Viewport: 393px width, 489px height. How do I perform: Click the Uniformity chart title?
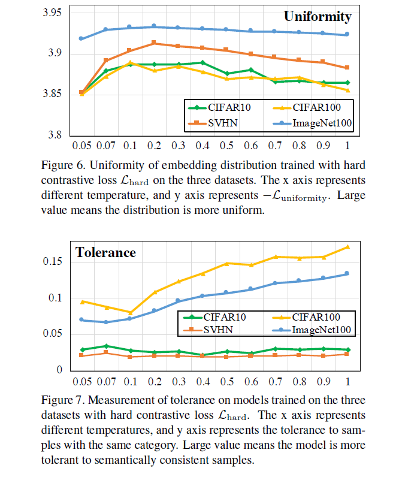pyautogui.click(x=317, y=17)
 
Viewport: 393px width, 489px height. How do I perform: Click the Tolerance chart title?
pyautogui.click(x=105, y=252)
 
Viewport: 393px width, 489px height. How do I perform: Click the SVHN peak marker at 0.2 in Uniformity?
pyautogui.click(x=154, y=43)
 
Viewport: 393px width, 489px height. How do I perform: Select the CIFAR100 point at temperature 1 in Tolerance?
pyautogui.click(x=347, y=247)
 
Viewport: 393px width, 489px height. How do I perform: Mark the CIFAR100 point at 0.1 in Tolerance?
pyautogui.click(x=129, y=312)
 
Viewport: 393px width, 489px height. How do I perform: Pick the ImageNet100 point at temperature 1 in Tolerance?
pyautogui.click(x=347, y=274)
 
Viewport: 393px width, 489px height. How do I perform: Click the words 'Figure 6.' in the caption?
pyautogui.click(x=61, y=165)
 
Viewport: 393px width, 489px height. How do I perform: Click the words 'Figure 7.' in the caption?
pyautogui.click(x=61, y=400)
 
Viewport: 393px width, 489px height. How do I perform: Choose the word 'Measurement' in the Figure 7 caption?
pyautogui.click(x=111, y=400)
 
